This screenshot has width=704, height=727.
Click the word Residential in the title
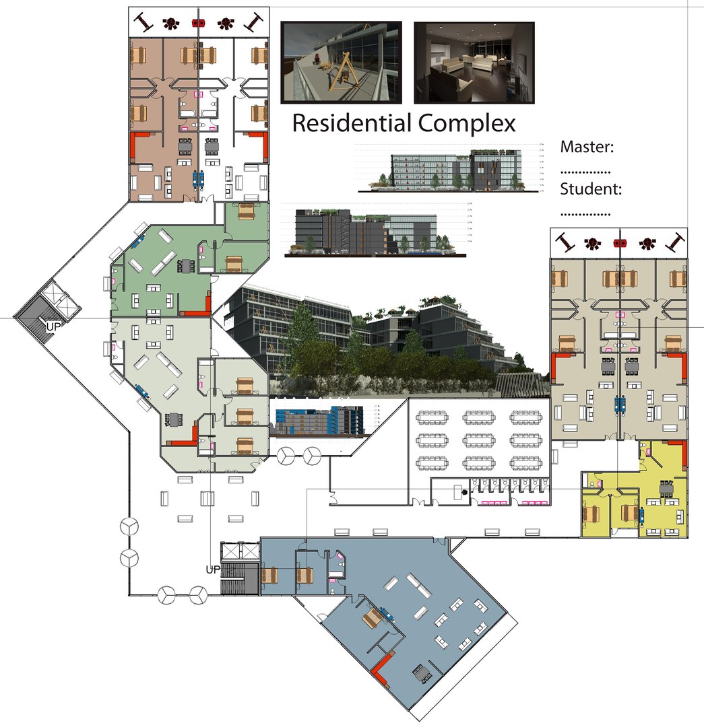click(x=352, y=123)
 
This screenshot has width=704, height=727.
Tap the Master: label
click(x=589, y=147)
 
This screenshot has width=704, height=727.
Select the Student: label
click(x=590, y=189)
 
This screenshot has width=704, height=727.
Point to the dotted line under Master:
click(x=585, y=171)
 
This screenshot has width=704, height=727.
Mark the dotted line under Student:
click(x=585, y=214)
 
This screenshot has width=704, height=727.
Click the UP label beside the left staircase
click(x=53, y=326)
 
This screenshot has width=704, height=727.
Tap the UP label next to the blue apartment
click(x=213, y=569)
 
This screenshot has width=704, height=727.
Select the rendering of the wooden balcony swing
click(x=341, y=61)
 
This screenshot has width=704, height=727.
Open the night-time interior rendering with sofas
click(x=474, y=61)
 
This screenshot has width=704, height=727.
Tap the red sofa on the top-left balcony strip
click(x=198, y=23)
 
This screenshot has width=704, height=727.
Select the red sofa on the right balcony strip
click(x=620, y=243)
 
